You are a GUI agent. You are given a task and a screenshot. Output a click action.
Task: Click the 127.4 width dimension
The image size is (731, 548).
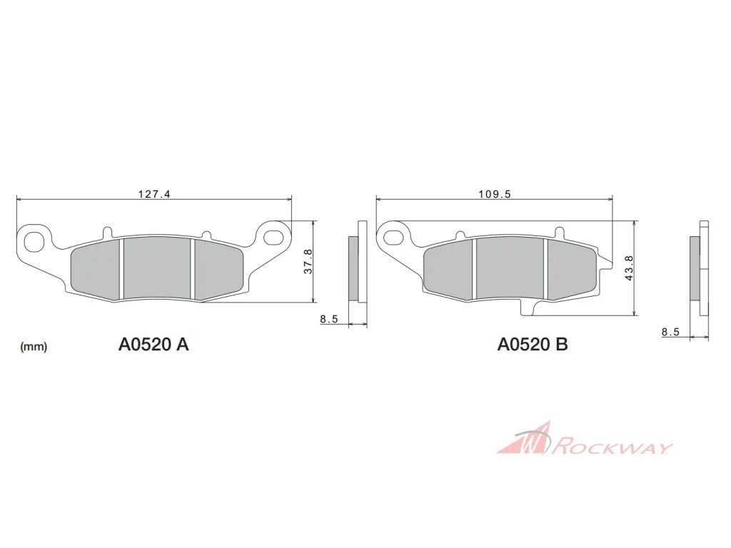point(154,193)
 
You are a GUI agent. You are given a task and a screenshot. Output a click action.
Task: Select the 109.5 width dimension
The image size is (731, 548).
point(495,194)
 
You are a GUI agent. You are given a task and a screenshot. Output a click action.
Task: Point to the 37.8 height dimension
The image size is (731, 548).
point(308,261)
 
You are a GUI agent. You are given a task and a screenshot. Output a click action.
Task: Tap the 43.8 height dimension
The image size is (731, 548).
point(629,268)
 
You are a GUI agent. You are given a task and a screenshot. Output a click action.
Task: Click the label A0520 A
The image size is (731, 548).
point(153,345)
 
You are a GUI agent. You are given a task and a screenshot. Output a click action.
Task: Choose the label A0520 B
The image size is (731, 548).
point(533,345)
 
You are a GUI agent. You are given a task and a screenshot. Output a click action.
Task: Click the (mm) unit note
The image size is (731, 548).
point(34,347)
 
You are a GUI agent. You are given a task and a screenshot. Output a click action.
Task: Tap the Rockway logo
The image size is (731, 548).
point(585,439)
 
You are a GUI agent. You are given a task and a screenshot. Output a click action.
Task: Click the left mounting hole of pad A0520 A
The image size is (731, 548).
point(33,240)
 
